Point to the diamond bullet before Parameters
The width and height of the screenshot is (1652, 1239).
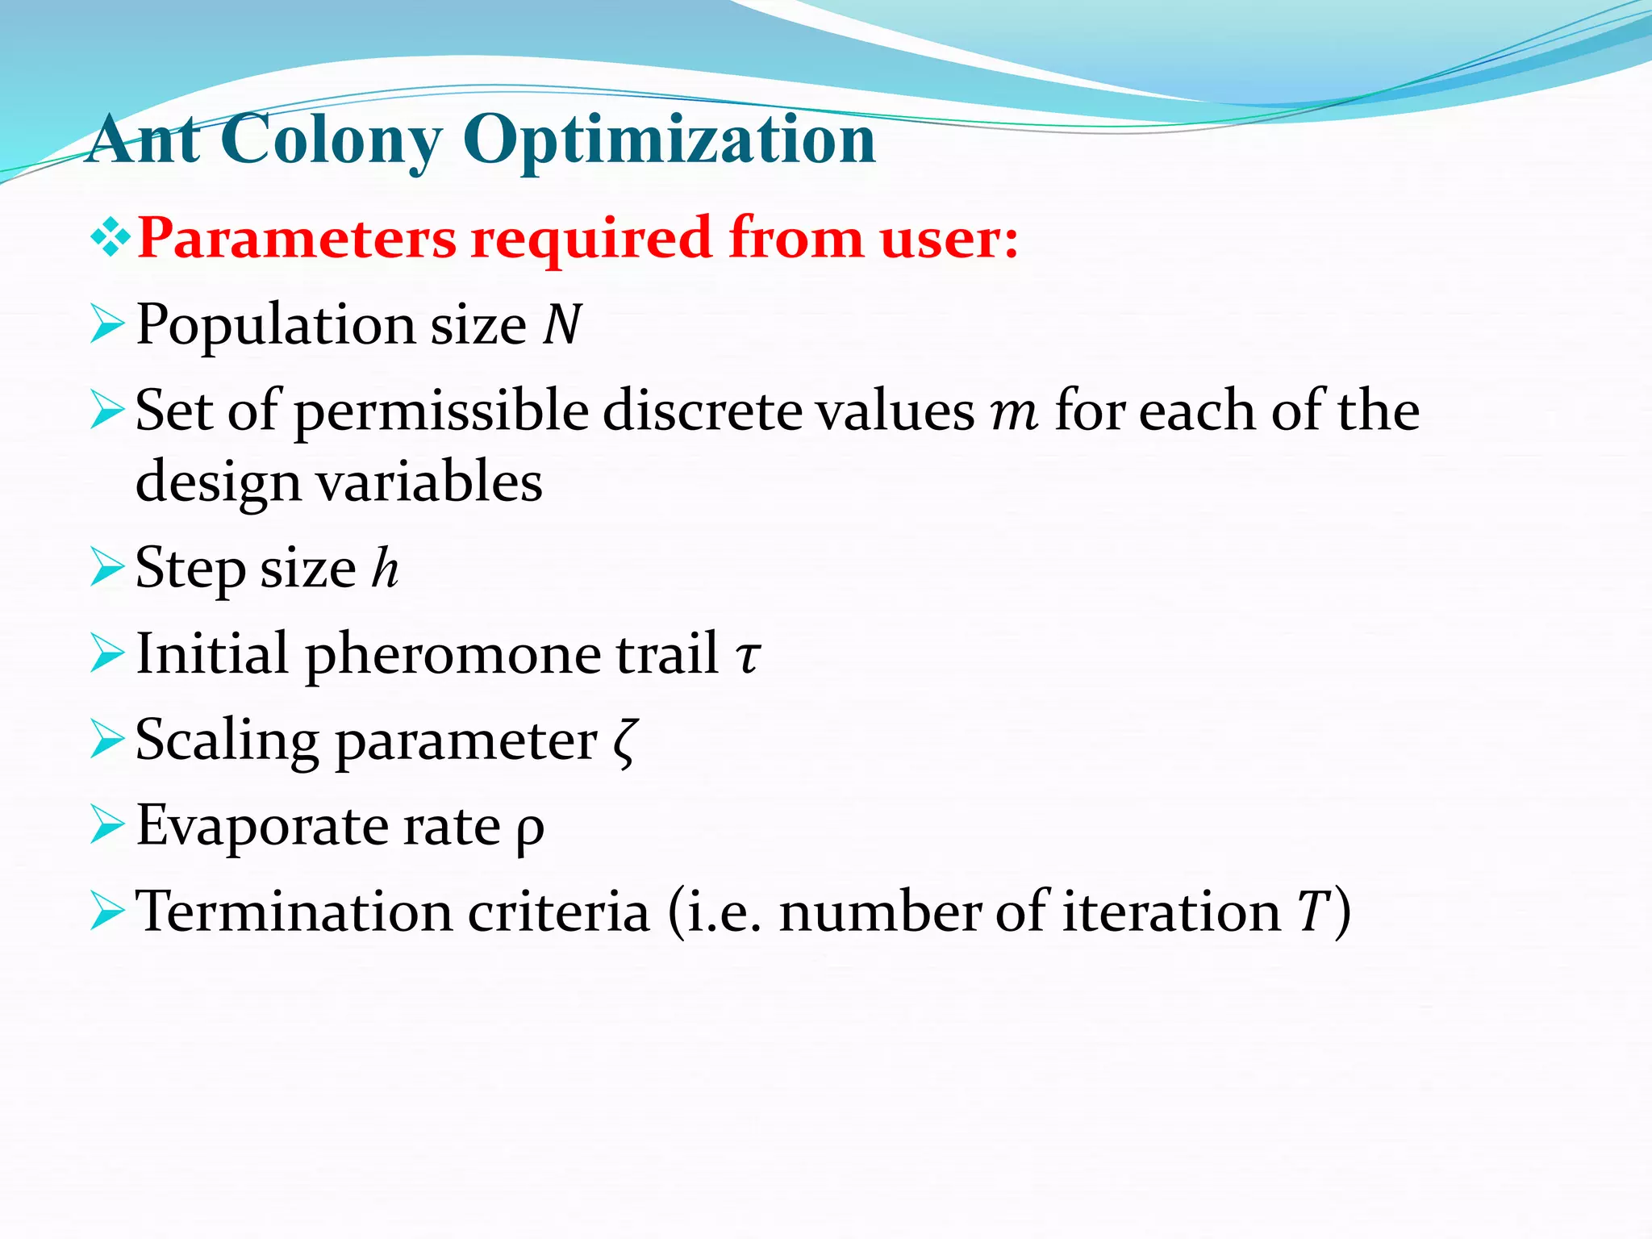tap(111, 239)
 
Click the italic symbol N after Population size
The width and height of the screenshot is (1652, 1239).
tap(562, 325)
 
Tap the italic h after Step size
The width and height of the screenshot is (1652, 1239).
tap(386, 568)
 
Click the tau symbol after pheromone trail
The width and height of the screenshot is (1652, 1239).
tap(748, 655)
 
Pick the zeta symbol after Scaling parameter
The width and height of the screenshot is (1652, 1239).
tap(625, 742)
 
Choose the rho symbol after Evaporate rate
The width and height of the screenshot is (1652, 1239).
tap(531, 828)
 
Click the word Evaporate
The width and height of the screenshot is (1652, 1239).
tap(261, 827)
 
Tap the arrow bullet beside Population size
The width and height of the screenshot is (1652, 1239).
tap(107, 324)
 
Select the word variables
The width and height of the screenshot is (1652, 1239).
tap(428, 482)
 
